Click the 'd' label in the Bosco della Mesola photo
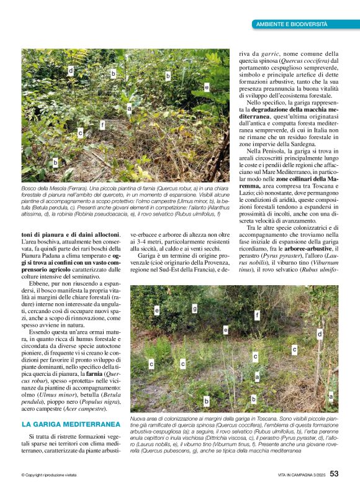(71, 71)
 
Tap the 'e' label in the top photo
(207, 88)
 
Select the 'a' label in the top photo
(130, 109)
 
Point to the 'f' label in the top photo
(102, 124)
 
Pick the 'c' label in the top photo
(81, 133)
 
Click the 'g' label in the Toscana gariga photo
(194, 308)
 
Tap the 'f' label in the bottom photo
(257, 315)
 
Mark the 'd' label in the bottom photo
(320, 334)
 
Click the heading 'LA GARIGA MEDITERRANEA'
(70, 425)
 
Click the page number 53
(334, 474)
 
